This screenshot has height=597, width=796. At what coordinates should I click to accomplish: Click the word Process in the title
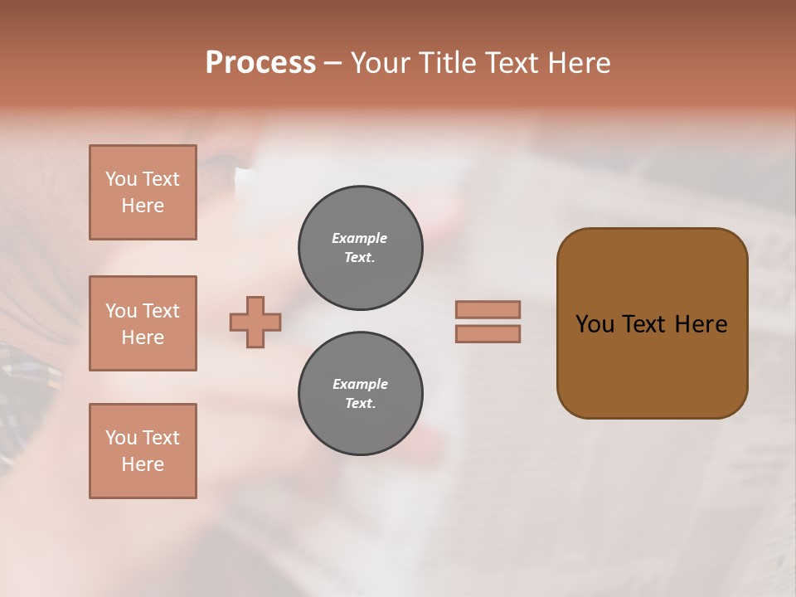click(x=260, y=63)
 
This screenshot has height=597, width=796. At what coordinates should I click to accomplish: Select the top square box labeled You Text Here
click(x=143, y=192)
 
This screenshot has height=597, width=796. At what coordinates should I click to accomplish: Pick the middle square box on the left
click(x=143, y=323)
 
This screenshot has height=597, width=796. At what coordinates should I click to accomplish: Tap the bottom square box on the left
click(x=143, y=451)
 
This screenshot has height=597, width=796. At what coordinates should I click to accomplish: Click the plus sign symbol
click(x=255, y=322)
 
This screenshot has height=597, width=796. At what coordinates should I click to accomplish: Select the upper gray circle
click(x=360, y=248)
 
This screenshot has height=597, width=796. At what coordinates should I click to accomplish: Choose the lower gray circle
click(x=360, y=394)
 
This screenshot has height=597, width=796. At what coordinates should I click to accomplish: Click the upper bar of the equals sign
click(x=488, y=309)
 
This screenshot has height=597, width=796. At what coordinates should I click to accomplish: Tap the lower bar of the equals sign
click(x=488, y=334)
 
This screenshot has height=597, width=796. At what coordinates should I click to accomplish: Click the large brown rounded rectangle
click(x=652, y=323)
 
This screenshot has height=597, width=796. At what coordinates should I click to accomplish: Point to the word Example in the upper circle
click(x=359, y=238)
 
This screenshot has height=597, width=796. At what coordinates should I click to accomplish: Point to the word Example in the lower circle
click(x=360, y=384)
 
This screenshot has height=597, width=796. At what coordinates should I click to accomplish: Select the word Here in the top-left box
click(x=143, y=206)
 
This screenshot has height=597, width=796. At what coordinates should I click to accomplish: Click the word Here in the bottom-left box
click(x=143, y=464)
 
